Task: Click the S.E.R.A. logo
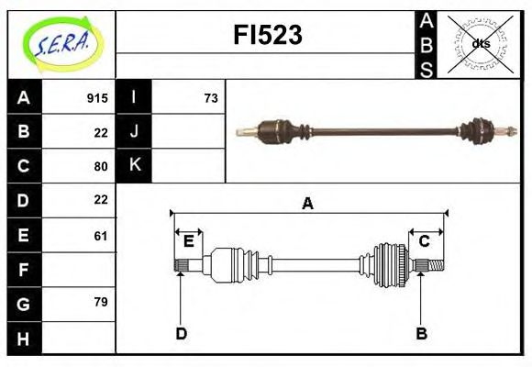61,42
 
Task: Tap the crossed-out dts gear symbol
480,43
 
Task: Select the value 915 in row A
97,98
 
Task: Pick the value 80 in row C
101,166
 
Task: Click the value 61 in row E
101,236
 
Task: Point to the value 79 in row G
101,301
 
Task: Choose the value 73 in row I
211,98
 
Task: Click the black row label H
23,339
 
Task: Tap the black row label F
23,270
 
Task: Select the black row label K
134,165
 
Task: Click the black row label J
134,131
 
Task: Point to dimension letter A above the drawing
307,204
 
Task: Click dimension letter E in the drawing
188,241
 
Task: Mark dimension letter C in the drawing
424,241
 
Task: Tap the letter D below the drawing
181,334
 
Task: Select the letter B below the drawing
421,334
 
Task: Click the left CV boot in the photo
275,130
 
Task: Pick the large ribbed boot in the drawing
388,264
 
